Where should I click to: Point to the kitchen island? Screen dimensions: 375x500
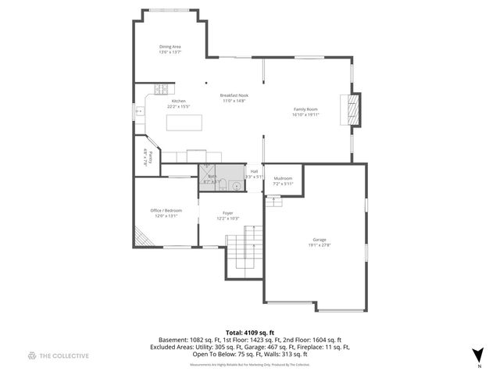pyautogui.click(x=184, y=123)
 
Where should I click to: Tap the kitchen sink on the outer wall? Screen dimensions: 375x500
pyautogui.click(x=140, y=112)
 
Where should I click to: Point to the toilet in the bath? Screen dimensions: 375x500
pyautogui.click(x=223, y=184)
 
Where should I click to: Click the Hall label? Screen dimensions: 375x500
pyautogui.click(x=254, y=171)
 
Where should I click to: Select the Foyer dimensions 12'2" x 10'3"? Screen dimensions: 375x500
pyautogui.click(x=227, y=218)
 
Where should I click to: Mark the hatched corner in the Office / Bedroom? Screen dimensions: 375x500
pyautogui.click(x=140, y=236)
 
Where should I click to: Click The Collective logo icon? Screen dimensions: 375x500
pyautogui.click(x=32, y=355)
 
